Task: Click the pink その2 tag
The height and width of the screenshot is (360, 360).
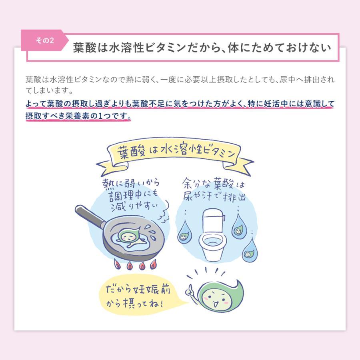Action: pyautogui.click(x=44, y=41)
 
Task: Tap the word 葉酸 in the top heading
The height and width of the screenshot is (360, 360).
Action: pyautogui.click(x=85, y=48)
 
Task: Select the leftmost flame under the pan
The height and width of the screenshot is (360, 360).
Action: pyautogui.click(x=117, y=264)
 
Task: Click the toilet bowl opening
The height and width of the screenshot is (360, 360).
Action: pyautogui.click(x=212, y=242)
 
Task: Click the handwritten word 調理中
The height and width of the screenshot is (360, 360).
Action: pyautogui.click(x=124, y=197)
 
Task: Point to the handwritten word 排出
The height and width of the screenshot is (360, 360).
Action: pyautogui.click(x=234, y=198)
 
